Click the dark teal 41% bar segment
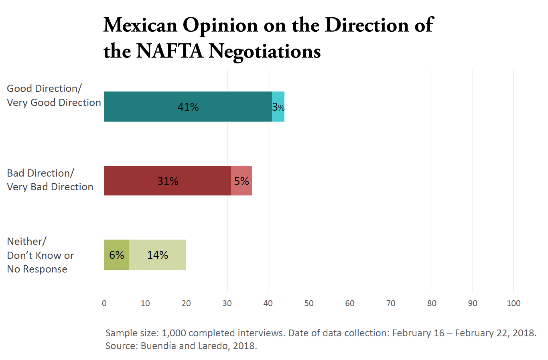[188, 107]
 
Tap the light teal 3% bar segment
[278, 107]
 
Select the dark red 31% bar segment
[168, 181]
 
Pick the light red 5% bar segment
[242, 181]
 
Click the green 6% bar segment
[116, 255]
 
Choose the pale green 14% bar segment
[157, 255]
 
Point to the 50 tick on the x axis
[309, 303]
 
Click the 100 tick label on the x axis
[513, 303]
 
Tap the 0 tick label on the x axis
[104, 303]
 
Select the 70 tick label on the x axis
[391, 303]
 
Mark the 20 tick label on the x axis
[186, 303]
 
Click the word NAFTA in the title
[170, 51]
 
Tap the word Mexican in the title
[140, 25]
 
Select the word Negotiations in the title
[265, 51]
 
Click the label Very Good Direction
[54, 103]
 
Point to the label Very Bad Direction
[50, 187]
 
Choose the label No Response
[37, 269]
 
